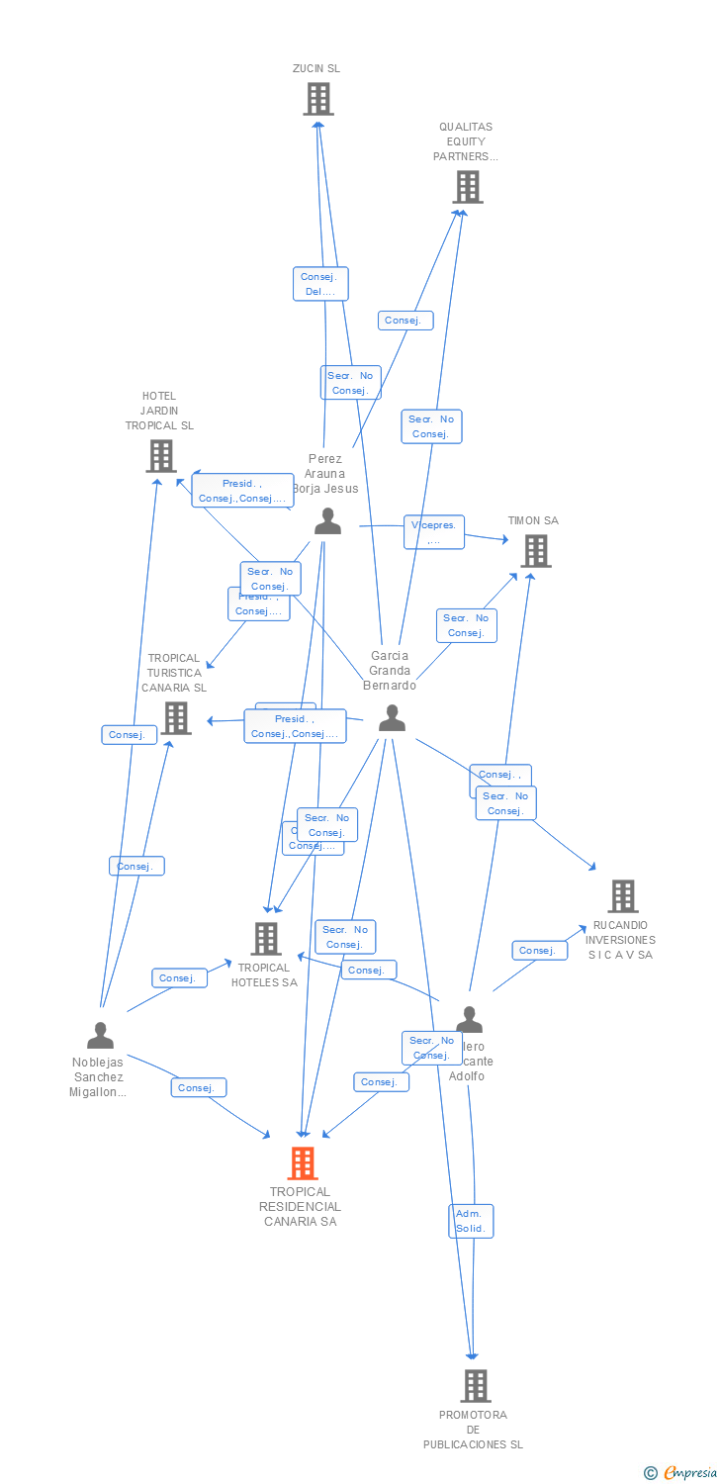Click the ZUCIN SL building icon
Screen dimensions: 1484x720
pyautogui.click(x=317, y=99)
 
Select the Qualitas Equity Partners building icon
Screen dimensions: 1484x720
pyautogui.click(x=467, y=186)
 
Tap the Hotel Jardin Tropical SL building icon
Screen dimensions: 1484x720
pyautogui.click(x=160, y=456)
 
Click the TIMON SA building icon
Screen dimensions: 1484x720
pyautogui.click(x=535, y=551)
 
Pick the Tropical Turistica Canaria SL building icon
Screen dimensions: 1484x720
pyautogui.click(x=176, y=718)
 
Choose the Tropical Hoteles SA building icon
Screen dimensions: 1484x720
pyautogui.click(x=266, y=939)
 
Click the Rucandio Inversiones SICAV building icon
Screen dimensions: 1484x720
pyautogui.click(x=622, y=896)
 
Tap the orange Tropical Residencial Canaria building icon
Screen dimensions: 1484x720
pyautogui.click(x=303, y=1163)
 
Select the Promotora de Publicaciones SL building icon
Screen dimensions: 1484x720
pyautogui.click(x=475, y=1386)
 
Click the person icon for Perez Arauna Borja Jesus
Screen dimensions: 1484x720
pyautogui.click(x=327, y=522)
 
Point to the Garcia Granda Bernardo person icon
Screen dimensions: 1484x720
pyautogui.click(x=392, y=719)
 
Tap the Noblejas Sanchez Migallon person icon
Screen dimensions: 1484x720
pyautogui.click(x=100, y=1036)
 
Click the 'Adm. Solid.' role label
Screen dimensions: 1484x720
pyautogui.click(x=470, y=1221)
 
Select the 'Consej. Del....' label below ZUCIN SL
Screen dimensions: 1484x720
pyautogui.click(x=320, y=284)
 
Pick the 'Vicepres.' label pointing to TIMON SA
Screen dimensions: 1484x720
pyautogui.click(x=433, y=532)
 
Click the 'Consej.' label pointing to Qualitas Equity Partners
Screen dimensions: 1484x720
pyautogui.click(x=405, y=321)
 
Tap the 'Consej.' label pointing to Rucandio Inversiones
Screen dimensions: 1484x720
pyautogui.click(x=539, y=951)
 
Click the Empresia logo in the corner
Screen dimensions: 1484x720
pyautogui.click(x=681, y=1473)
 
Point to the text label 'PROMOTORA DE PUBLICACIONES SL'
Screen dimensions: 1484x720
pyautogui.click(x=473, y=1430)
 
